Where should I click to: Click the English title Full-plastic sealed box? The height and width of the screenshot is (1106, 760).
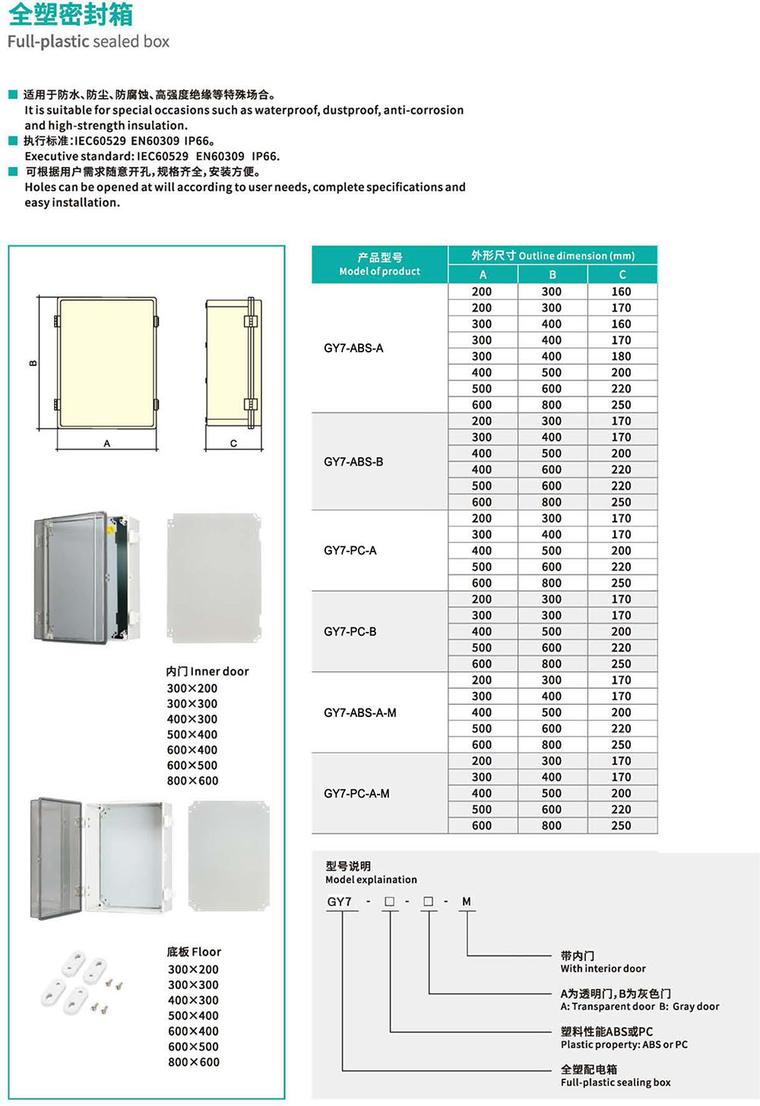(88, 42)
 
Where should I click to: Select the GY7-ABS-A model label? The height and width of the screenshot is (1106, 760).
(353, 348)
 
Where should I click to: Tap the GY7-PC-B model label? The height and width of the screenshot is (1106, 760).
(350, 631)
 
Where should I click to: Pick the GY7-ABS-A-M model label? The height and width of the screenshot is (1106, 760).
(359, 713)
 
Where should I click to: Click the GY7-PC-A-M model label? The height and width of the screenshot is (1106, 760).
(356, 793)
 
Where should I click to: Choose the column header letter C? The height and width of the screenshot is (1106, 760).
(622, 274)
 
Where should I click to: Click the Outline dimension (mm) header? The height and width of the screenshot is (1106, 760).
(553, 256)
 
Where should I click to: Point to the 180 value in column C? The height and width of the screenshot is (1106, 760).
(621, 356)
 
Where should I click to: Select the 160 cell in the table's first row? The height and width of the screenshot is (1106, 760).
(621, 292)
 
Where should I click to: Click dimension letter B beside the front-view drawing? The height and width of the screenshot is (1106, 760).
(33, 363)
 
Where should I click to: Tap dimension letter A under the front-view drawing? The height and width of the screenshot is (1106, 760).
(106, 444)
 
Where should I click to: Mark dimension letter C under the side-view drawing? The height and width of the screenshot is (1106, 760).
(233, 444)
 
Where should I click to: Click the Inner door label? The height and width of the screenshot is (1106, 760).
(207, 671)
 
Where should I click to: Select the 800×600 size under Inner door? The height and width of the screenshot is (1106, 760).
(192, 781)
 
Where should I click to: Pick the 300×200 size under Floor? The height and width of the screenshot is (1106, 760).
(193, 969)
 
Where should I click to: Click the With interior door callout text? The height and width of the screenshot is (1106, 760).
(603, 969)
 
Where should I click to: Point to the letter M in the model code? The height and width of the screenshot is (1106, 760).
(466, 902)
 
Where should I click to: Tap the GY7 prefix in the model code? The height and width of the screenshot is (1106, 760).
(340, 902)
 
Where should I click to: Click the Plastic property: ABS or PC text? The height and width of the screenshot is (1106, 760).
(624, 1044)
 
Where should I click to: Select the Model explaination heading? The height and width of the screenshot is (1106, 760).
(371, 880)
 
